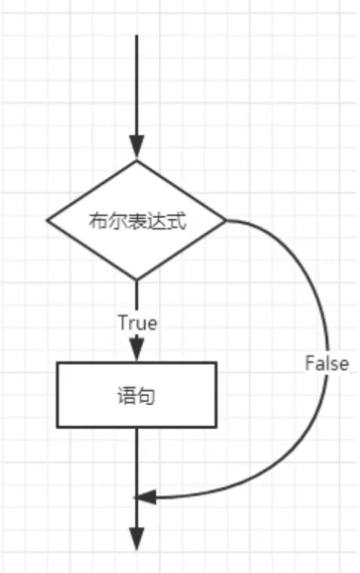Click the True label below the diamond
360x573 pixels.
tap(137, 323)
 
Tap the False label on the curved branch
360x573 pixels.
tap(326, 363)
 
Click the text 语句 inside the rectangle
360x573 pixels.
tap(137, 395)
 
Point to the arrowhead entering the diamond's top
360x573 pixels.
tap(137, 149)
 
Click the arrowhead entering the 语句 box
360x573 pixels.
tap(137, 350)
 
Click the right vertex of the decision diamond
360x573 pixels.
tap(227, 220)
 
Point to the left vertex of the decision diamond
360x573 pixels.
tap(48, 220)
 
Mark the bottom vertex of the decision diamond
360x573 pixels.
tap(137, 280)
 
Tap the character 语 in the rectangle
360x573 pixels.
tap(127, 395)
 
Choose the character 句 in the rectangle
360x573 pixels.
tap(147, 395)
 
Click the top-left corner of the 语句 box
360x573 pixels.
tap(58, 363)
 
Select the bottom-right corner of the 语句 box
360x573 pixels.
tap(216, 427)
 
